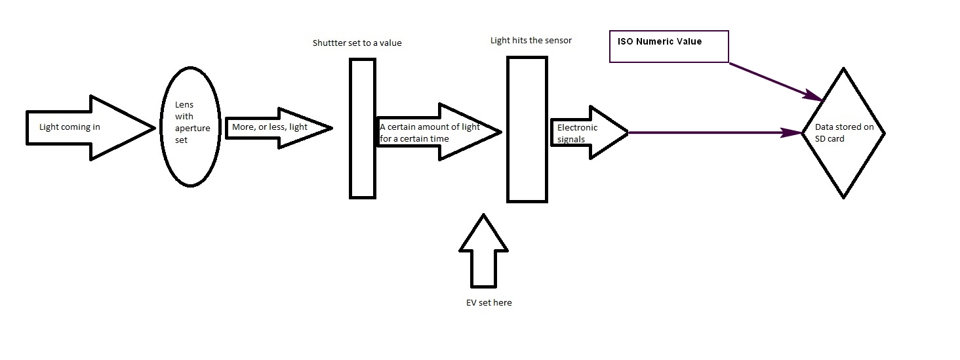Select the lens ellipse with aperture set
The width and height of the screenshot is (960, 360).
pos(190,129)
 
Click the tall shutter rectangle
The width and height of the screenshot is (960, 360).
pos(362,129)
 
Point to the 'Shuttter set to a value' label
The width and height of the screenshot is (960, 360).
pos(357,43)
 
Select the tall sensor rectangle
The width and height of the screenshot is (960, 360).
pos(527,129)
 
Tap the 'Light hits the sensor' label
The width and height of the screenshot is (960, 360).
pos(531,41)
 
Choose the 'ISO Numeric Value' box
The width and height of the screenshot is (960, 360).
pos(669,46)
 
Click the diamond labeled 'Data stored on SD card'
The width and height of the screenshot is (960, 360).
pos(843,132)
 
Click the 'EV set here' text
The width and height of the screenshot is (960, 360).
pos(485,302)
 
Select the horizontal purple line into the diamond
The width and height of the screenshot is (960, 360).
pos(715,132)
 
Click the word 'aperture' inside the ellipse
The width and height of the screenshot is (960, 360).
pos(192,129)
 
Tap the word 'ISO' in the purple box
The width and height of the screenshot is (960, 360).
pos(626,41)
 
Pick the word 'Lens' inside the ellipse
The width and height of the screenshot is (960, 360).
pos(184,106)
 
